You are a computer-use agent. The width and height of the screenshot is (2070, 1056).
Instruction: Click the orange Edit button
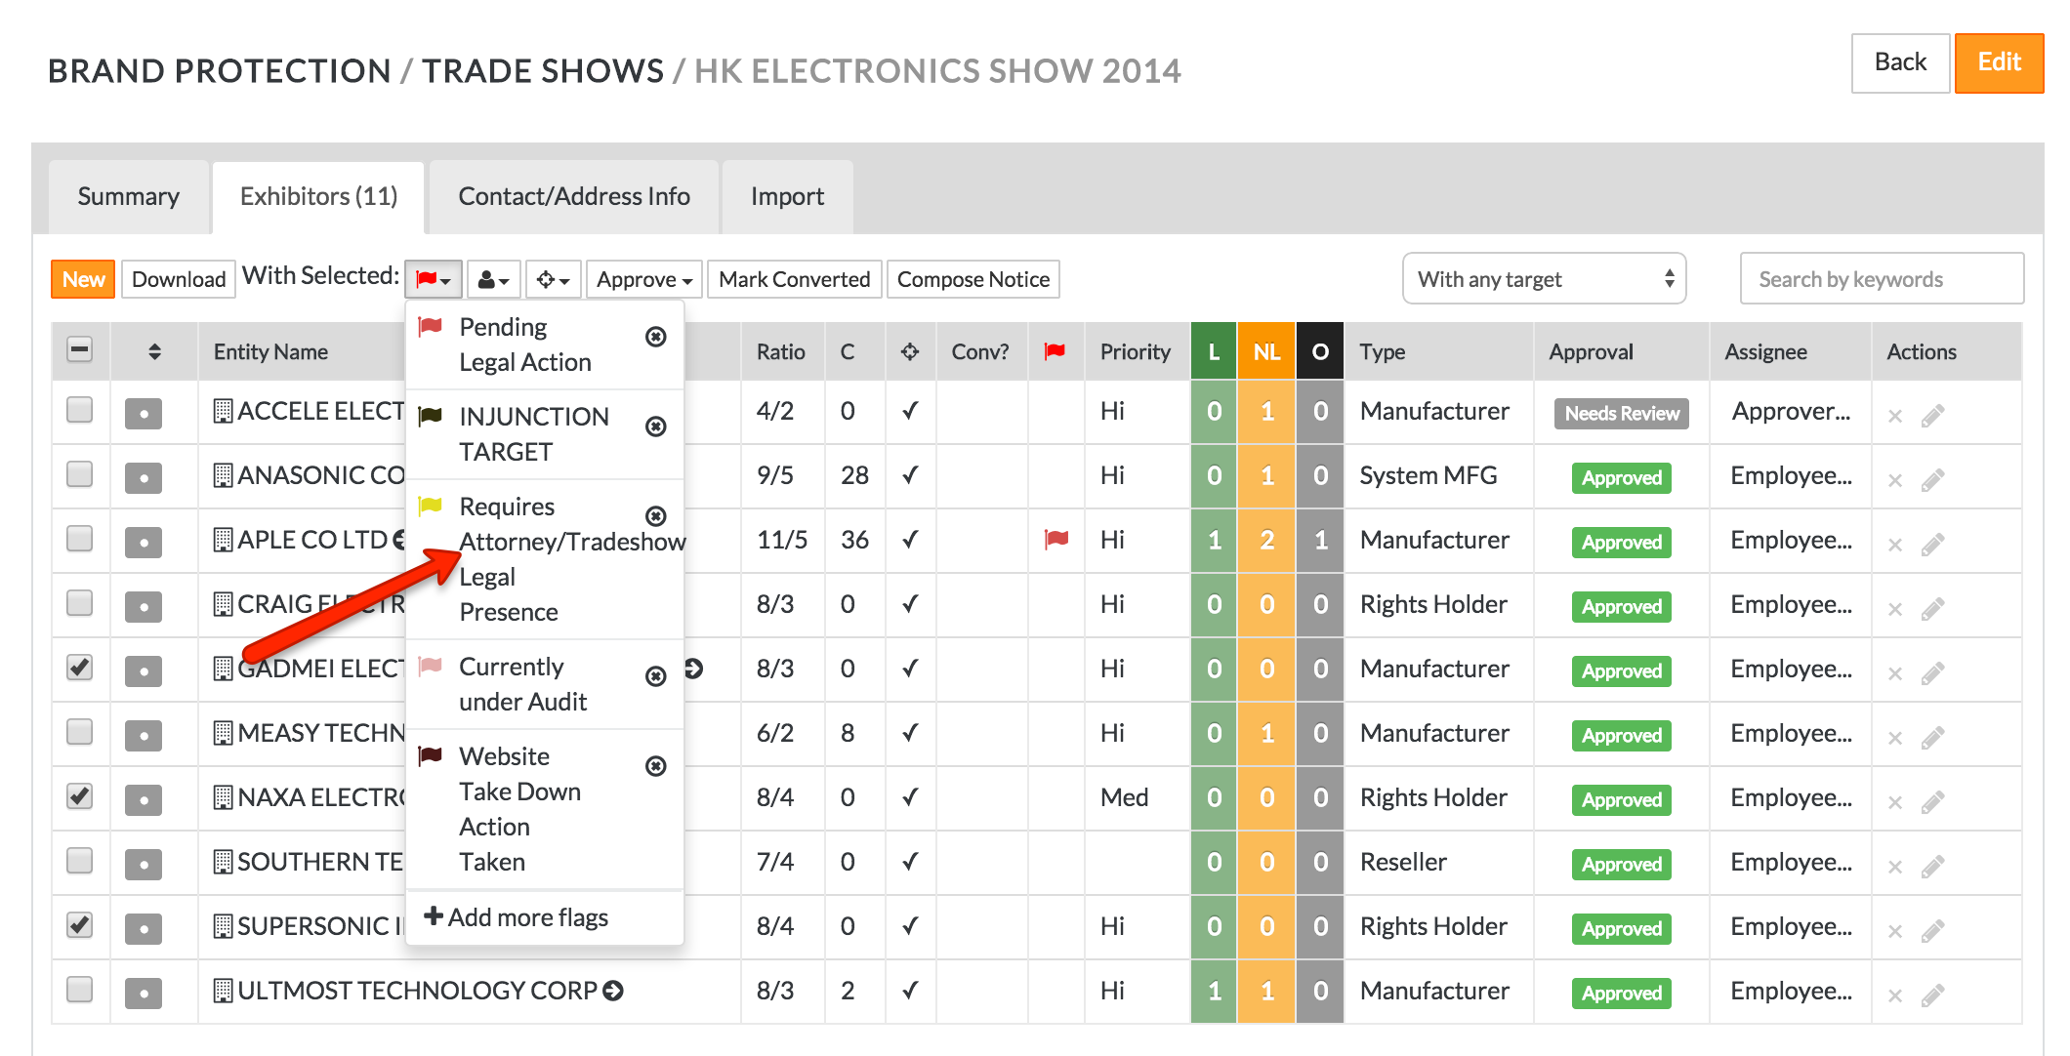[1998, 63]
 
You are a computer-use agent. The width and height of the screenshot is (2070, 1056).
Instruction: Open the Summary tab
[129, 197]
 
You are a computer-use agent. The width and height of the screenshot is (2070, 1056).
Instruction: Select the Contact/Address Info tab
[574, 197]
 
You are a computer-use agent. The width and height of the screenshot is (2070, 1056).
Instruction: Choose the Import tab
[787, 197]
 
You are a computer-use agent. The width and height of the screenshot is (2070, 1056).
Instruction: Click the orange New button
[83, 280]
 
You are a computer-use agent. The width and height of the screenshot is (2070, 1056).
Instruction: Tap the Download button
[179, 280]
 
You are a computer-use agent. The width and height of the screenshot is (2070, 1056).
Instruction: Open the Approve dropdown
[643, 280]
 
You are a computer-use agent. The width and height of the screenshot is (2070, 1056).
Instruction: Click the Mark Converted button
[794, 280]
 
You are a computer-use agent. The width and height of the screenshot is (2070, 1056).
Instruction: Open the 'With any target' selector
[1544, 280]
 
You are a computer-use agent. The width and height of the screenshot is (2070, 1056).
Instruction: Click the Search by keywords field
[1881, 280]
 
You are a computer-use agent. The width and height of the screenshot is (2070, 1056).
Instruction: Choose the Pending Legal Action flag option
[525, 345]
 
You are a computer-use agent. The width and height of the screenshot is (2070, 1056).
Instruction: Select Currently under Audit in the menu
[523, 684]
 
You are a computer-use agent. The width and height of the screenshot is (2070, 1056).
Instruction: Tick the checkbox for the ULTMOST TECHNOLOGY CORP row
[80, 990]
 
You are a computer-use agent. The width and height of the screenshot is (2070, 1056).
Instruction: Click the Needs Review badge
[1621, 414]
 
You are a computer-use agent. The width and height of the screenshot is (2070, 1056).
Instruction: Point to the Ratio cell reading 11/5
[781, 541]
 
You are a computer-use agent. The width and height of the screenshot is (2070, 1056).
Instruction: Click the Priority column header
[1135, 352]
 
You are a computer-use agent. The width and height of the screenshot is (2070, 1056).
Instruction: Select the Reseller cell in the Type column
[1403, 863]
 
